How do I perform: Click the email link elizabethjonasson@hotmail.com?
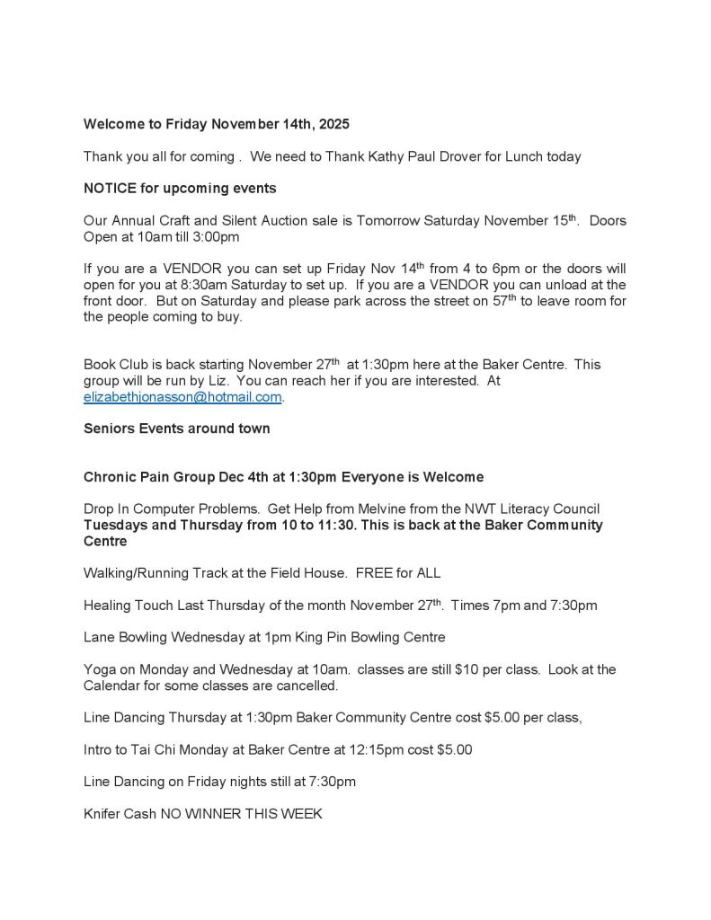[x=183, y=396]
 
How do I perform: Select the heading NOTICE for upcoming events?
[x=180, y=189]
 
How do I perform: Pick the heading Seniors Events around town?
[x=176, y=429]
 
